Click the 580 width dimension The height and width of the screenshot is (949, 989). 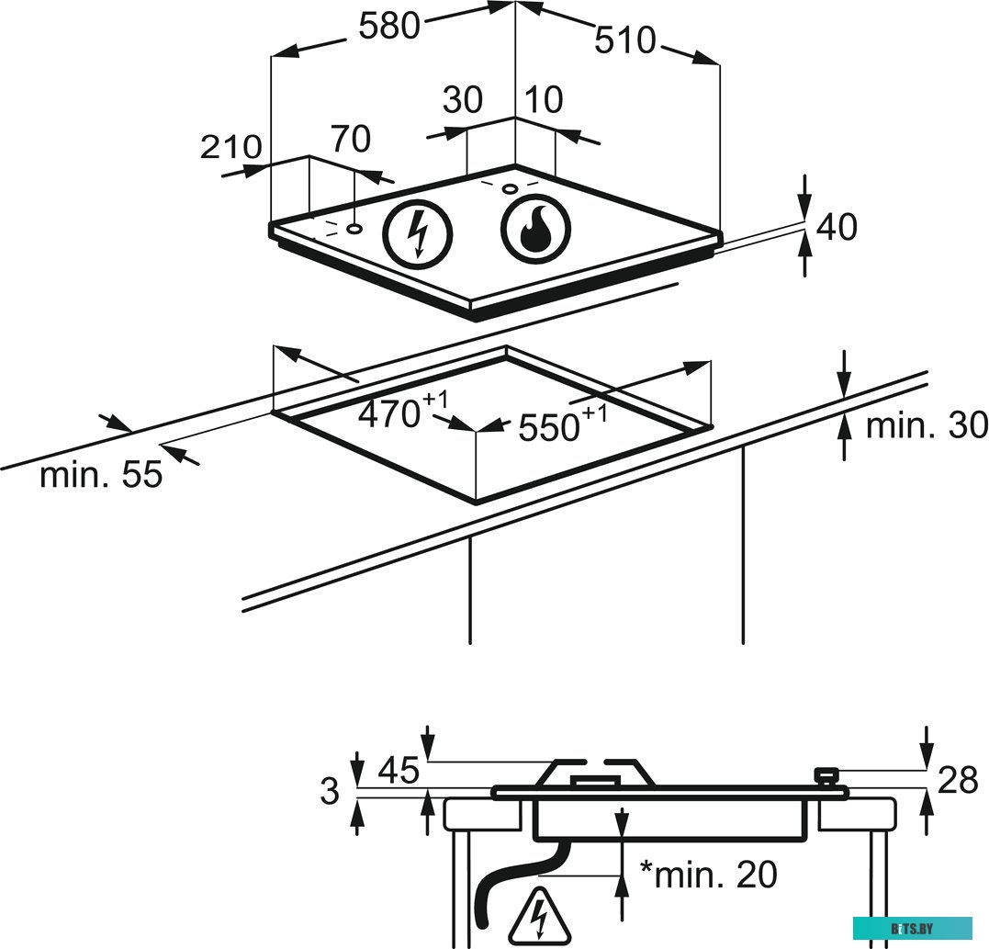click(388, 27)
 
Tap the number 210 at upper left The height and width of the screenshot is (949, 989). click(230, 147)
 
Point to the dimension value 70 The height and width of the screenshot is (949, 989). click(350, 140)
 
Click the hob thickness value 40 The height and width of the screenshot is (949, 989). click(837, 226)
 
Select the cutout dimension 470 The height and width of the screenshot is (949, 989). click(389, 414)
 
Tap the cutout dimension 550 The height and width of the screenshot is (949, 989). click(550, 426)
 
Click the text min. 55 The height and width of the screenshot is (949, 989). click(101, 475)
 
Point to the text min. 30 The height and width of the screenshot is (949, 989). click(927, 425)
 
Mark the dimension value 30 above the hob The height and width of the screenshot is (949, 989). click(462, 99)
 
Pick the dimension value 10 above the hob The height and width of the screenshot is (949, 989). click(545, 99)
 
